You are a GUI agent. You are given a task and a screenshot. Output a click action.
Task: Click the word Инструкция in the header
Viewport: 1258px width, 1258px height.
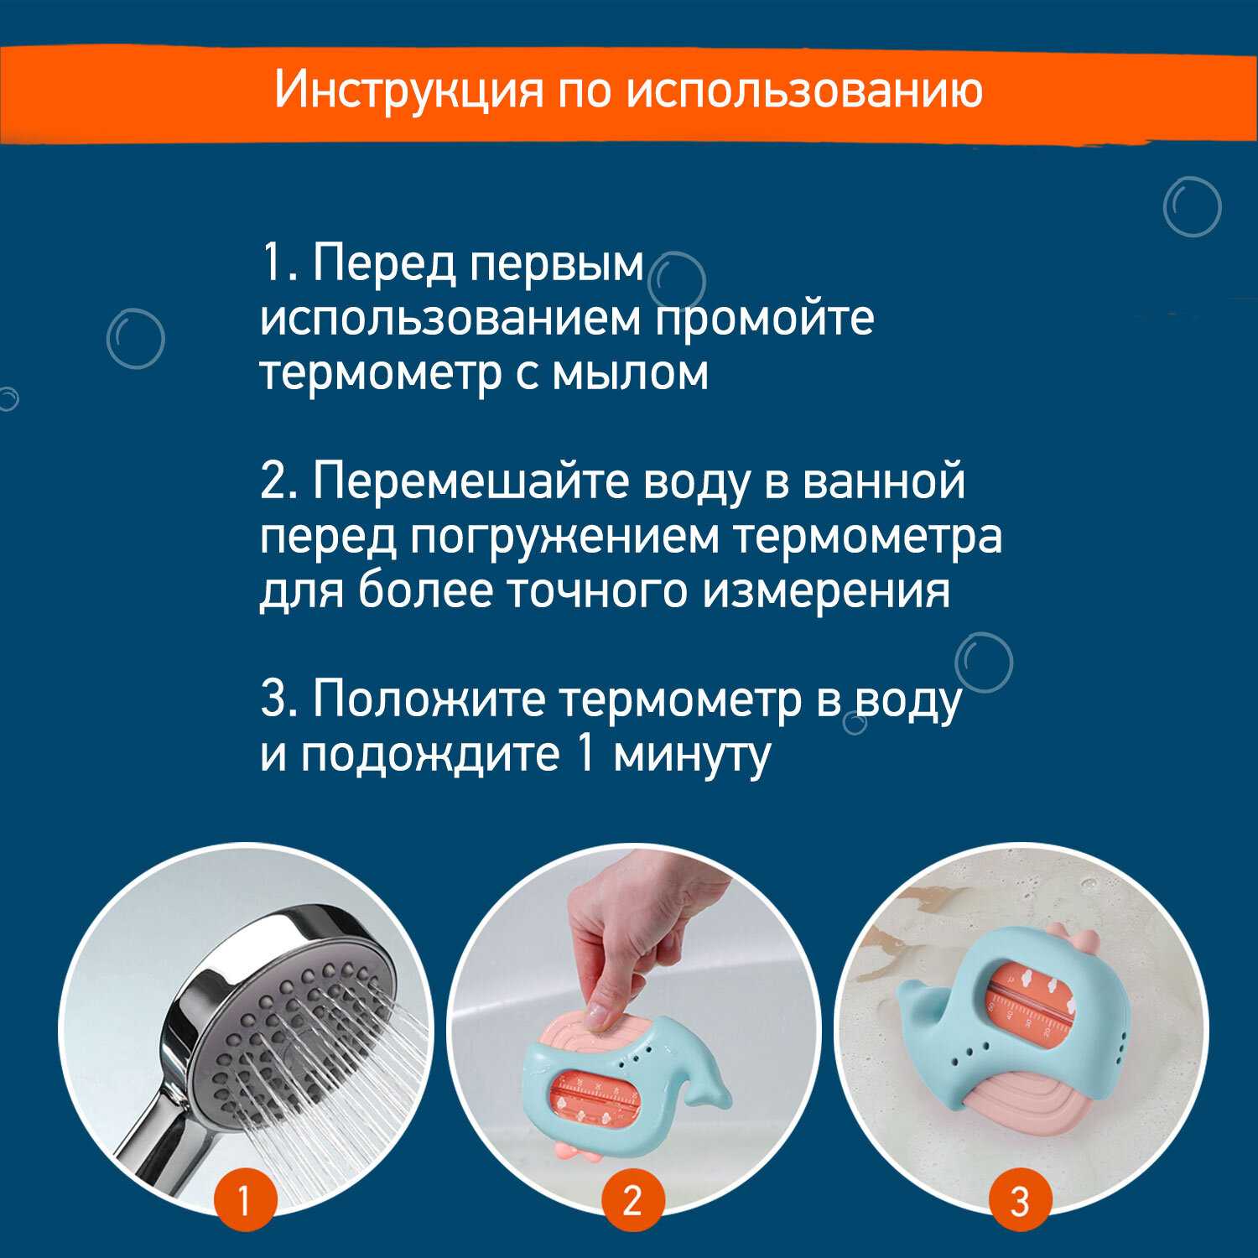tap(408, 91)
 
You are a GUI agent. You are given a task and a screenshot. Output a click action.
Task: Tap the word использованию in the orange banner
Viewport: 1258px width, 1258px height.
tap(805, 90)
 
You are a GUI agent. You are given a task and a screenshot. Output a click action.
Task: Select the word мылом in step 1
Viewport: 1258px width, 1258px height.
tap(631, 373)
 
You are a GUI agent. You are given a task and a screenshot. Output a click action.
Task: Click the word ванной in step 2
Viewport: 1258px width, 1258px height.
tap(883, 484)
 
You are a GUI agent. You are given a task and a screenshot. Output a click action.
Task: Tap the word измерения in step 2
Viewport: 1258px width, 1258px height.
tap(826, 592)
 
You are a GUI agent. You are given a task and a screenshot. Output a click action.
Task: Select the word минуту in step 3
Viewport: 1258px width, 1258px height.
tap(692, 756)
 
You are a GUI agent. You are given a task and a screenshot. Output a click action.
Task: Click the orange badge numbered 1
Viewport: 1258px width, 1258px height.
tap(244, 1201)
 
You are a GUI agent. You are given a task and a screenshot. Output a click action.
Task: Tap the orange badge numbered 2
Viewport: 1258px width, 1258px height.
tap(632, 1201)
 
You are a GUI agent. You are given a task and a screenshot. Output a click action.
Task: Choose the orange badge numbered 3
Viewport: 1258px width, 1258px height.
tap(1020, 1201)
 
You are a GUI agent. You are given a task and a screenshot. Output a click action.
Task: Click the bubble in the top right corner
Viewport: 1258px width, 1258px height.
tap(1192, 207)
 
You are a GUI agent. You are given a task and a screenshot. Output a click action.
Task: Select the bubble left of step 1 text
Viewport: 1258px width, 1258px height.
tap(135, 339)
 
